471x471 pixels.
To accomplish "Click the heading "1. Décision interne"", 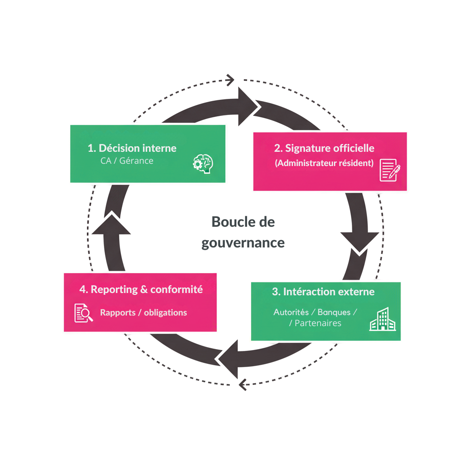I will [132, 148].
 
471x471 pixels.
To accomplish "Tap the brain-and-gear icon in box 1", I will [203, 163].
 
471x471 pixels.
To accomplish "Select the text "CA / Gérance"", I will [126, 161].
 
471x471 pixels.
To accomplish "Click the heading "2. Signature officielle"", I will [324, 148].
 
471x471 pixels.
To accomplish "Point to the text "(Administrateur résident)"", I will [324, 163].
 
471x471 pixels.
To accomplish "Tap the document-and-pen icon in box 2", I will [390, 170].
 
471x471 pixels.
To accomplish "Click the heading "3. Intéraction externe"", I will [323, 292].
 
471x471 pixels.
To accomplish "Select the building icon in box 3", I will [382, 320].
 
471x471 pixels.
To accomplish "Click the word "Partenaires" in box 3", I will [318, 323].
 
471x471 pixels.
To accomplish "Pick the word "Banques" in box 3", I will [334, 312].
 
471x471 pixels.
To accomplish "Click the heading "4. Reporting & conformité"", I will [141, 289].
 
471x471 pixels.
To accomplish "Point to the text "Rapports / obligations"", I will [144, 313].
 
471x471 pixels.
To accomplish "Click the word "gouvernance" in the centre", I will [243, 242].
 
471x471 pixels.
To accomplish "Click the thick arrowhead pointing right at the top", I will [248, 106].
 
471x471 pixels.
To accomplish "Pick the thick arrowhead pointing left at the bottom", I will [229, 358].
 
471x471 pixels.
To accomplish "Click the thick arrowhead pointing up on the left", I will [111, 224].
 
